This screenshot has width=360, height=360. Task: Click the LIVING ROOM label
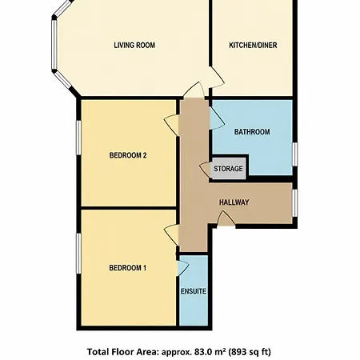[134, 45]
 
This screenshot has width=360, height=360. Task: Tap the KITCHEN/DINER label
[253, 45]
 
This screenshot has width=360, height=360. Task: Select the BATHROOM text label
[252, 132]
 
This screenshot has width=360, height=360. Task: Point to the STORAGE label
[228, 169]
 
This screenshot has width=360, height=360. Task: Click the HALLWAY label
[234, 202]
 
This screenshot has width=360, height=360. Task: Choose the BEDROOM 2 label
[128, 155]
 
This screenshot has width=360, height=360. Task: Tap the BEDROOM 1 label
[128, 268]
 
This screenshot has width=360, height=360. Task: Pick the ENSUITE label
[194, 291]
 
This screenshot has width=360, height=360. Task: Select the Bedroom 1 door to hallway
[171, 234]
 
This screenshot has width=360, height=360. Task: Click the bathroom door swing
[217, 118]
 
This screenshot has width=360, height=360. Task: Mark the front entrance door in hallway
[226, 219]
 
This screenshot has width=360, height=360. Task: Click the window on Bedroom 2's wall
[78, 138]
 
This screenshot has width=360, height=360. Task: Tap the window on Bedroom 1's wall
[78, 254]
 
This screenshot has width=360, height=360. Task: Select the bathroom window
[295, 154]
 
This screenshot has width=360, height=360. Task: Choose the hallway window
[295, 203]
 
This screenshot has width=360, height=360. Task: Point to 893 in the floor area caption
[238, 352]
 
